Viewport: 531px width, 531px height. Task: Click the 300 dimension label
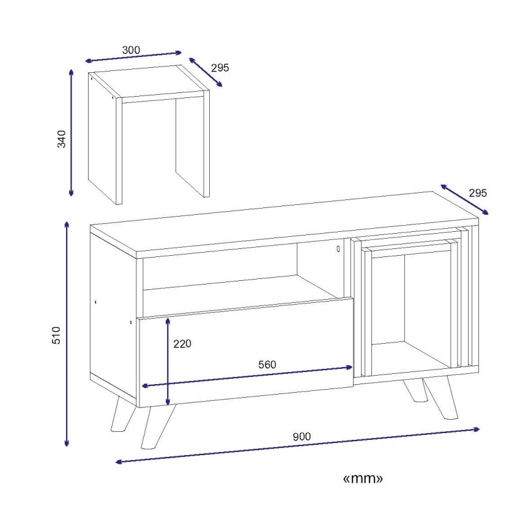point(131,50)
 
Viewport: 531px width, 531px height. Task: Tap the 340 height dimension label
point(62,138)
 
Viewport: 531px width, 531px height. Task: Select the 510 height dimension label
point(56,335)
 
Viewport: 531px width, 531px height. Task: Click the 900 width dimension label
point(302,437)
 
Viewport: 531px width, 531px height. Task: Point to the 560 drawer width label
point(267,365)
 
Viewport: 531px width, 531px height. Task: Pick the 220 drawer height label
point(182,344)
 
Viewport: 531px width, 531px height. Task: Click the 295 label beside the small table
point(220,68)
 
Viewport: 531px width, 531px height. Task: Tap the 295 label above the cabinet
point(478,193)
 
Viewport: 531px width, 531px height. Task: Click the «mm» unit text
point(363,478)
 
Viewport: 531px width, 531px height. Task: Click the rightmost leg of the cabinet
point(441,398)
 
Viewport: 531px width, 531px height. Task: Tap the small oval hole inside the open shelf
point(338,249)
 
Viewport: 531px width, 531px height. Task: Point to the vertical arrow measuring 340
point(71,133)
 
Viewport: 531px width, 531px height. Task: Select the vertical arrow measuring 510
point(67,334)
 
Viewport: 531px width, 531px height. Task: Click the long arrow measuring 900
point(298,445)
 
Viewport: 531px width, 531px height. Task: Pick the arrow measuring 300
point(133,56)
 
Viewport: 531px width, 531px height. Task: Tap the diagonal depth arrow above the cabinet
point(465,199)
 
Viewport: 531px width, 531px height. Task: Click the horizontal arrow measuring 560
point(248,377)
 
